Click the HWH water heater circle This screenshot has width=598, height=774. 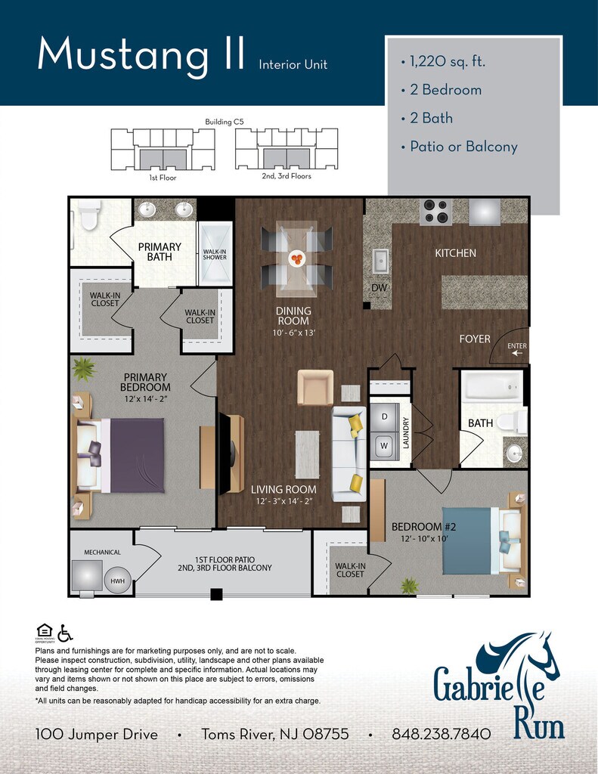tap(117, 580)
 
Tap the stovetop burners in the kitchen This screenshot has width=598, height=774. tap(435, 212)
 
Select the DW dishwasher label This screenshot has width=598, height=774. tap(380, 288)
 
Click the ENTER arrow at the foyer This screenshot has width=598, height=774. tap(517, 354)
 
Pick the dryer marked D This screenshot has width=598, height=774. tap(384, 417)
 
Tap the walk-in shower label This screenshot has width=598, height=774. tap(215, 254)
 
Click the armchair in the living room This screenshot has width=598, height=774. tap(315, 388)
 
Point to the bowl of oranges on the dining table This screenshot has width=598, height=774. tap(297, 259)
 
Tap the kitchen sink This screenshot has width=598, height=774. tap(380, 261)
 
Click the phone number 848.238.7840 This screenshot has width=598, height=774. tap(442, 734)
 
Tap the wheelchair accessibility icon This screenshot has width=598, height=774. tap(65, 633)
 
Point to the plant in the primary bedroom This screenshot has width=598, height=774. tap(83, 369)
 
